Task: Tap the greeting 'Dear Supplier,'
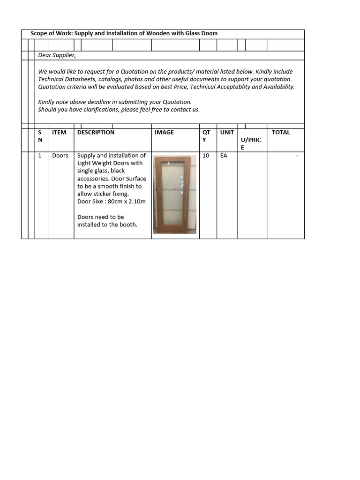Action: pyautogui.click(x=57, y=55)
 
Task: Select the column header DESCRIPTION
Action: pyautogui.click(x=96, y=132)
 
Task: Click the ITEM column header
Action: pyautogui.click(x=59, y=132)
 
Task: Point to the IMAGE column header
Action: pyautogui.click(x=164, y=132)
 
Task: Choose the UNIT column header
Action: pyautogui.click(x=227, y=132)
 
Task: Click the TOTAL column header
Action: pyautogui.click(x=281, y=132)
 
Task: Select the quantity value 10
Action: pyautogui.click(x=206, y=155)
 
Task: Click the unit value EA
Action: pyautogui.click(x=224, y=155)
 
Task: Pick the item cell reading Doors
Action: pyautogui.click(x=60, y=155)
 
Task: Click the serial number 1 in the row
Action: pyautogui.click(x=40, y=155)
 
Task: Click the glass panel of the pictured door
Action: pyautogui.click(x=172, y=193)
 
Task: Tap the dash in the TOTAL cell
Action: pyautogui.click(x=297, y=156)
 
